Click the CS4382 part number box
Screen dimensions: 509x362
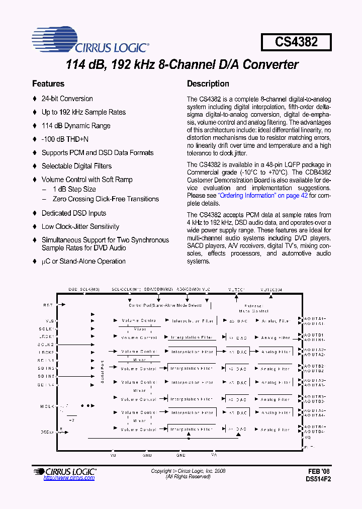tap(296, 42)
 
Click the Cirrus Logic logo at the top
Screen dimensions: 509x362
tap(90, 42)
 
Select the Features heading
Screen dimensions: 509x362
tap(48, 84)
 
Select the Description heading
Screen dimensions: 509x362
tap(208, 84)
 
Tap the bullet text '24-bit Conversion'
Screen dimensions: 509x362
tap(67, 99)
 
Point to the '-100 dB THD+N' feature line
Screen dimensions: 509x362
tap(65, 139)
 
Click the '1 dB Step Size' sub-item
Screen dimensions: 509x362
tap(74, 189)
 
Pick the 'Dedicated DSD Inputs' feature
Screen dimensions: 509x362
tap(73, 213)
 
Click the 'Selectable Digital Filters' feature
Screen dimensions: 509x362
tap(76, 166)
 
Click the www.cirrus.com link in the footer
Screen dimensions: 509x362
tap(69, 478)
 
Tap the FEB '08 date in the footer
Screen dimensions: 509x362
tap(319, 472)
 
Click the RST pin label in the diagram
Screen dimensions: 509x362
tap(48, 305)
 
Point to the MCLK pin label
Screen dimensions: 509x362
tap(47, 406)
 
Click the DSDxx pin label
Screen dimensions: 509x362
tap(47, 432)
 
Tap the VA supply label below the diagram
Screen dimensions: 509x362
tap(214, 455)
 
